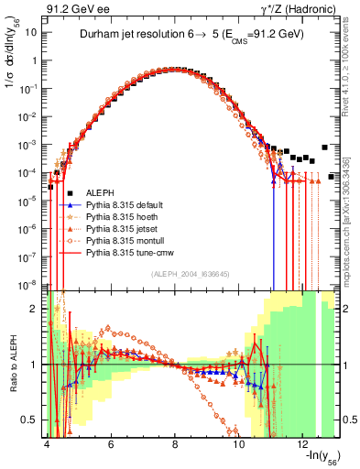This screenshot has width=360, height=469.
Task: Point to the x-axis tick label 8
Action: point(175,443)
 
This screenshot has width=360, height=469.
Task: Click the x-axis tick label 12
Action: point(303,443)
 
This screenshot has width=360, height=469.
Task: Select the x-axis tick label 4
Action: point(46,443)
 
